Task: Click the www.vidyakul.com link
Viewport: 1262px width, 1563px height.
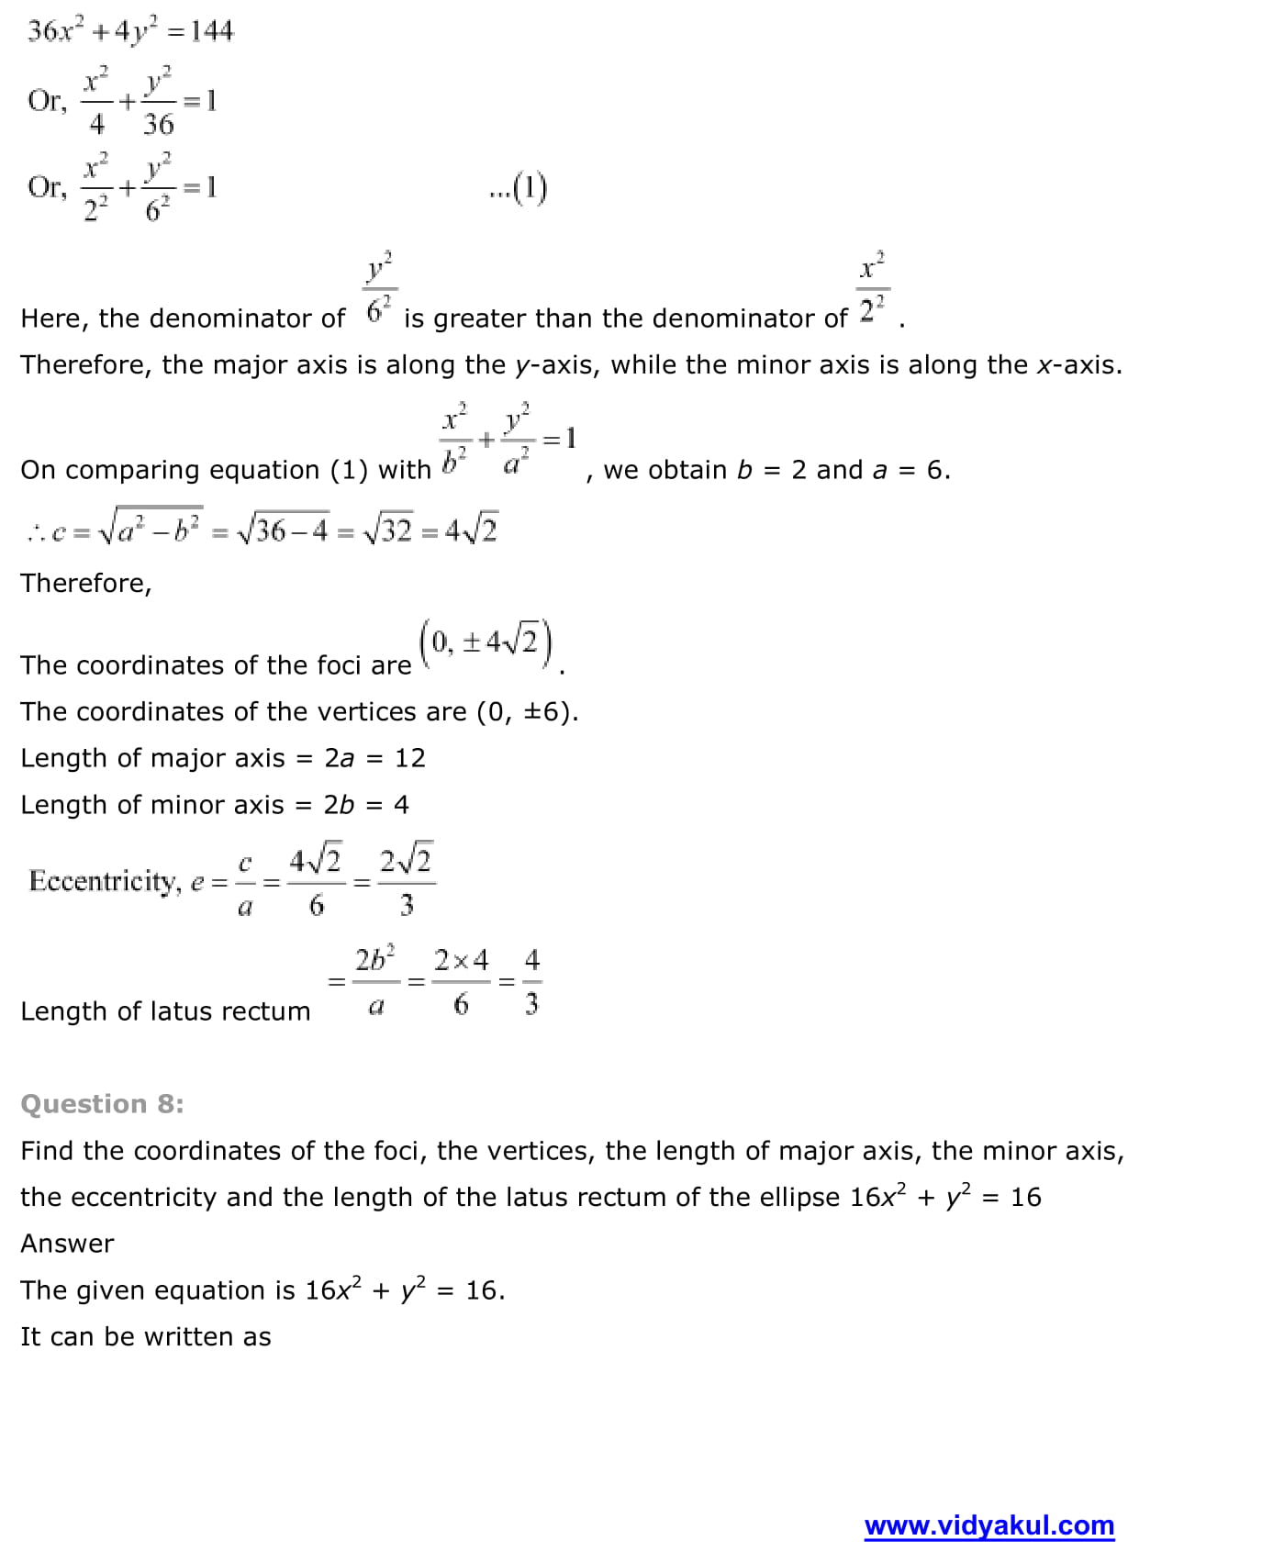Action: tap(988, 1525)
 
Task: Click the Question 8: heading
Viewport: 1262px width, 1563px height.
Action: tap(102, 1103)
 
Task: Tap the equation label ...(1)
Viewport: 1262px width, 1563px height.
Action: tap(518, 188)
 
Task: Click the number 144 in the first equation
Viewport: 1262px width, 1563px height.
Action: tap(212, 31)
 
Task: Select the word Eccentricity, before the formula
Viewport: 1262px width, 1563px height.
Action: tap(105, 881)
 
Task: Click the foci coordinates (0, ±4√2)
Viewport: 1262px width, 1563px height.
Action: tap(486, 642)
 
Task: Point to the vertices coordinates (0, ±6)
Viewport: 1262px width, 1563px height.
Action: tap(527, 711)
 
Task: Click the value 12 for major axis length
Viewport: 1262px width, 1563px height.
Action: tap(410, 758)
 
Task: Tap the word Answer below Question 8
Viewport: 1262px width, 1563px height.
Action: tap(67, 1244)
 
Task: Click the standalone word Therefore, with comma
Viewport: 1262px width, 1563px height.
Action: tap(85, 583)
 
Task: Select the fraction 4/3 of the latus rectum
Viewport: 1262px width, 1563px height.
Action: tap(531, 982)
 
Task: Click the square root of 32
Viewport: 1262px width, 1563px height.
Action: tap(387, 530)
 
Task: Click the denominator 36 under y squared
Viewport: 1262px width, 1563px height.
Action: tap(158, 124)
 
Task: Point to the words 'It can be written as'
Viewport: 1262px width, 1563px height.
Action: tap(145, 1336)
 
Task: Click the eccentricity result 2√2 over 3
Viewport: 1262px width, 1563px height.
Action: tap(406, 881)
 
